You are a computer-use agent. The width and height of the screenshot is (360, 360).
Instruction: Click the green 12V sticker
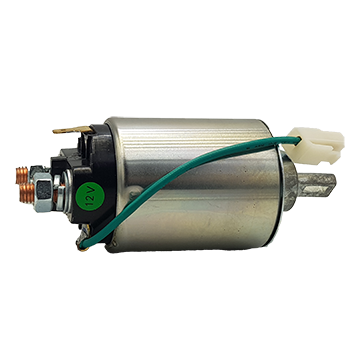click(x=90, y=196)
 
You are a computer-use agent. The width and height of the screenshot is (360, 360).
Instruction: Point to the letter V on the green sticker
click(x=92, y=191)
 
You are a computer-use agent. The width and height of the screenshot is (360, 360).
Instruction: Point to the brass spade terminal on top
click(x=72, y=129)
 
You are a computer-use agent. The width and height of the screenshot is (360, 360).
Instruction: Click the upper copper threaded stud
click(x=22, y=175)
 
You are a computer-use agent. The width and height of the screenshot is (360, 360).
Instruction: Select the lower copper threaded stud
click(x=27, y=194)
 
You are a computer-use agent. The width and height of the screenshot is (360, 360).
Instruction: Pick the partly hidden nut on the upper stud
click(x=36, y=171)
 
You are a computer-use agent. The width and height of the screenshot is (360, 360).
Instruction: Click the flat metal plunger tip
click(x=317, y=185)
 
